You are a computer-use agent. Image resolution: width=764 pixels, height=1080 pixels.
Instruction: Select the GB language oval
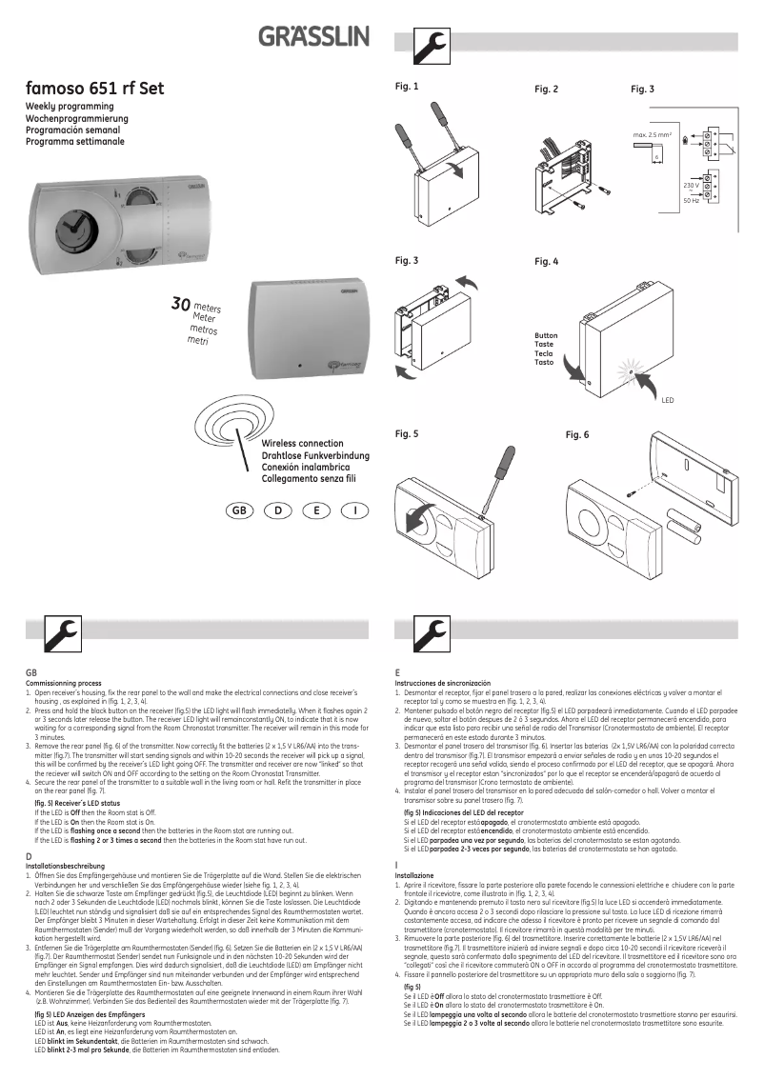coord(239,511)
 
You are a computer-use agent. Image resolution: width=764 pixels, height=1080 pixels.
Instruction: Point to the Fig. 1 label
coord(407,87)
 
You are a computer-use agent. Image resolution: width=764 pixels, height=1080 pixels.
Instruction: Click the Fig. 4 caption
coord(546,261)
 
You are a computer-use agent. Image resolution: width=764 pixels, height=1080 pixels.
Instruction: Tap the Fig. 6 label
coord(577,434)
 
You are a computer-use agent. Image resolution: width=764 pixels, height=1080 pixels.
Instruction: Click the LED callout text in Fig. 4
coord(667,401)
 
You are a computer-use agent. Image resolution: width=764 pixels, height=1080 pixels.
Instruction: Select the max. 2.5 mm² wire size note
coord(653,136)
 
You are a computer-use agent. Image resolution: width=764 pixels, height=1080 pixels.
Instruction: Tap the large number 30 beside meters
coord(180,304)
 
